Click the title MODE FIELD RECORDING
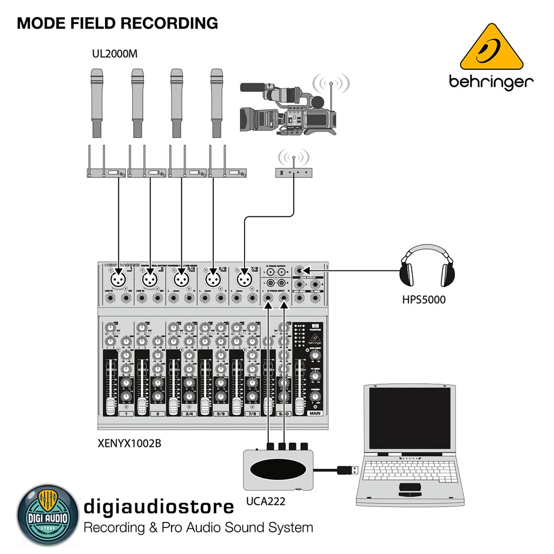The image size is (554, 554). click(x=117, y=23)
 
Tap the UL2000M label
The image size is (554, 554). click(x=115, y=55)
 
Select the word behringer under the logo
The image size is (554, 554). click(x=491, y=82)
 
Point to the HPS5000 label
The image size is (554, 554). click(x=424, y=299)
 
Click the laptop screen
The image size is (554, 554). click(x=410, y=418)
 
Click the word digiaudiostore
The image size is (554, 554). click(x=159, y=506)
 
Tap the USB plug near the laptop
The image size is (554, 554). click(x=347, y=470)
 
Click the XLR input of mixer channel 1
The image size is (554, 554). click(x=118, y=279)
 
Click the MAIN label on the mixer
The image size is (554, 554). click(x=314, y=413)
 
